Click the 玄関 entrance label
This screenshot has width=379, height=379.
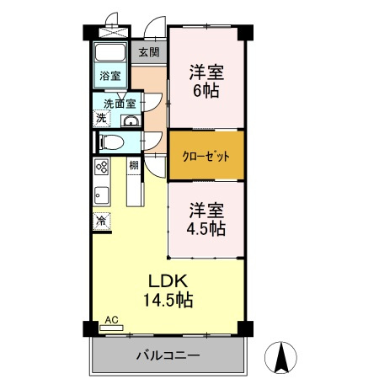click(x=148, y=51)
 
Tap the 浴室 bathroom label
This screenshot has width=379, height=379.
click(x=109, y=76)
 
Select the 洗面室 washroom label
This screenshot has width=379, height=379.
click(x=119, y=104)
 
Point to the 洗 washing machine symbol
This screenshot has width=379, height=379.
click(x=100, y=119)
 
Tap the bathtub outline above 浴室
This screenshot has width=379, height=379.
click(x=110, y=53)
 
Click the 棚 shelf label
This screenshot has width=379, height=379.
click(x=134, y=165)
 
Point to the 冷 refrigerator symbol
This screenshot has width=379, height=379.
click(x=100, y=221)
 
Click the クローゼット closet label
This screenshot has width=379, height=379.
click(x=206, y=156)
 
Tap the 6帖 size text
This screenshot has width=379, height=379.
click(x=206, y=89)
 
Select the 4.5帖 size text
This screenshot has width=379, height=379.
click(x=206, y=227)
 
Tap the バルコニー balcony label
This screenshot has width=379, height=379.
click(x=168, y=355)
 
